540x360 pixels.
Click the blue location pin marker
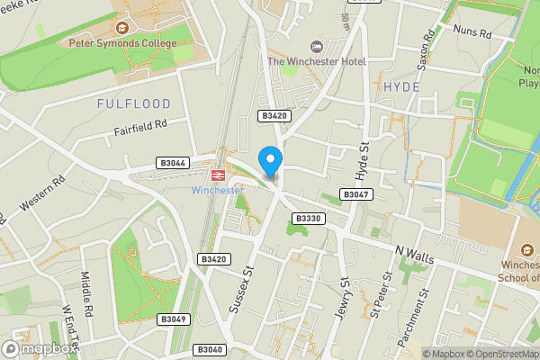point(270,160)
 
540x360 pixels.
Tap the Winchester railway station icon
point(218,175)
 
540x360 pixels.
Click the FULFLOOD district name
point(128,104)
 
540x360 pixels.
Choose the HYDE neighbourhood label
point(401,86)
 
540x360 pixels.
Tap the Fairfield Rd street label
point(141,130)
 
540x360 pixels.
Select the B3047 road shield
point(355,194)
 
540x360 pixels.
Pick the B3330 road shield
point(308,219)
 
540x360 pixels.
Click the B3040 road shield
point(208,349)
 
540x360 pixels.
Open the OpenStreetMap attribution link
point(501,354)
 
